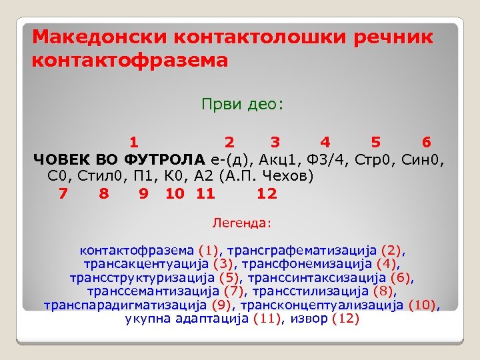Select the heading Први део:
point(242,104)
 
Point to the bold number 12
point(267,194)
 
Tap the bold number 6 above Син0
point(426,141)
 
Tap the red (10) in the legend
point(422,305)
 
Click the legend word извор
point(310,319)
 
